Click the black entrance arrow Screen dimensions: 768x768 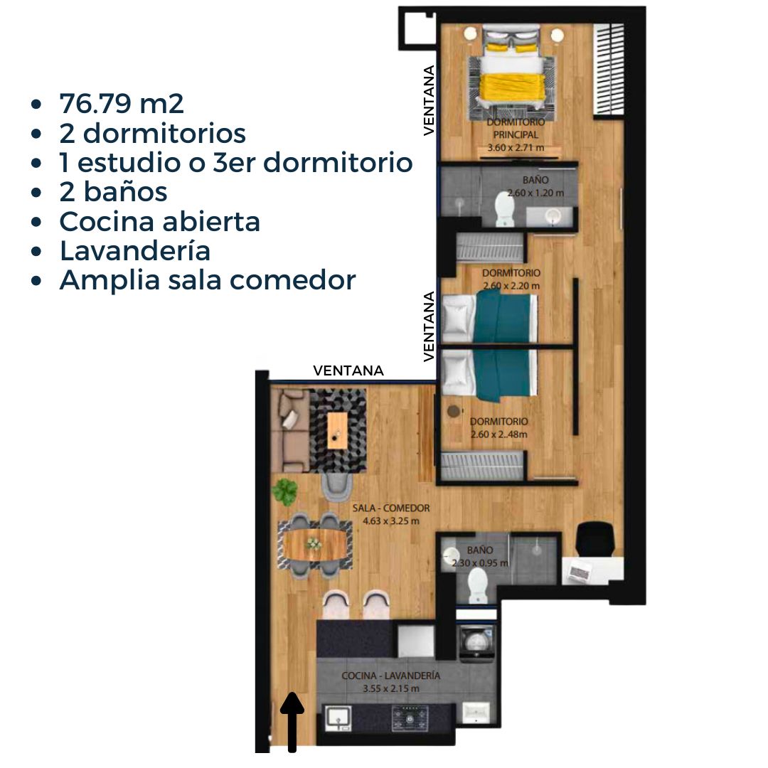coord(292,722)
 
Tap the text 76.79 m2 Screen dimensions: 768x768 coord(122,104)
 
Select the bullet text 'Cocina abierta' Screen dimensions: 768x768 coord(159,222)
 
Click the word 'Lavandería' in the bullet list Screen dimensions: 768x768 coord(134,251)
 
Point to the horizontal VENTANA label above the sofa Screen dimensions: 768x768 coord(348,370)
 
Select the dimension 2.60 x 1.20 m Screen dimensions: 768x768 coord(535,193)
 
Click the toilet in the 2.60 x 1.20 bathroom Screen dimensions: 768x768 coord(504,210)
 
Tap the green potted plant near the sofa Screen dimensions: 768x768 coord(286,491)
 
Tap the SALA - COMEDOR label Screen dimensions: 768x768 coord(391,508)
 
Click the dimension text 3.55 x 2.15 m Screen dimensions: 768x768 coord(390,688)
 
